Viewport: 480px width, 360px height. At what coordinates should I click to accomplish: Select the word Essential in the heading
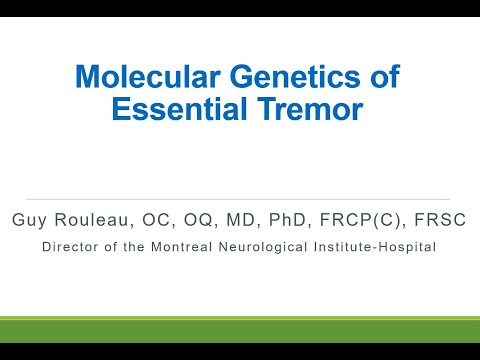[171, 110]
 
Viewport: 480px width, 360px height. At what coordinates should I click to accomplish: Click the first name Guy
[29, 220]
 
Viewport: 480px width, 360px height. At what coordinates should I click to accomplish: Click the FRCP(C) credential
[341, 220]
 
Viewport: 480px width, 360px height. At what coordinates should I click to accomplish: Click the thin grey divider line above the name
[240, 199]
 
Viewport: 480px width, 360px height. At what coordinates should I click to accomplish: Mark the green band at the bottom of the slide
[240, 330]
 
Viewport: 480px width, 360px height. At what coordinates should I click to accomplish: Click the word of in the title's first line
[383, 77]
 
